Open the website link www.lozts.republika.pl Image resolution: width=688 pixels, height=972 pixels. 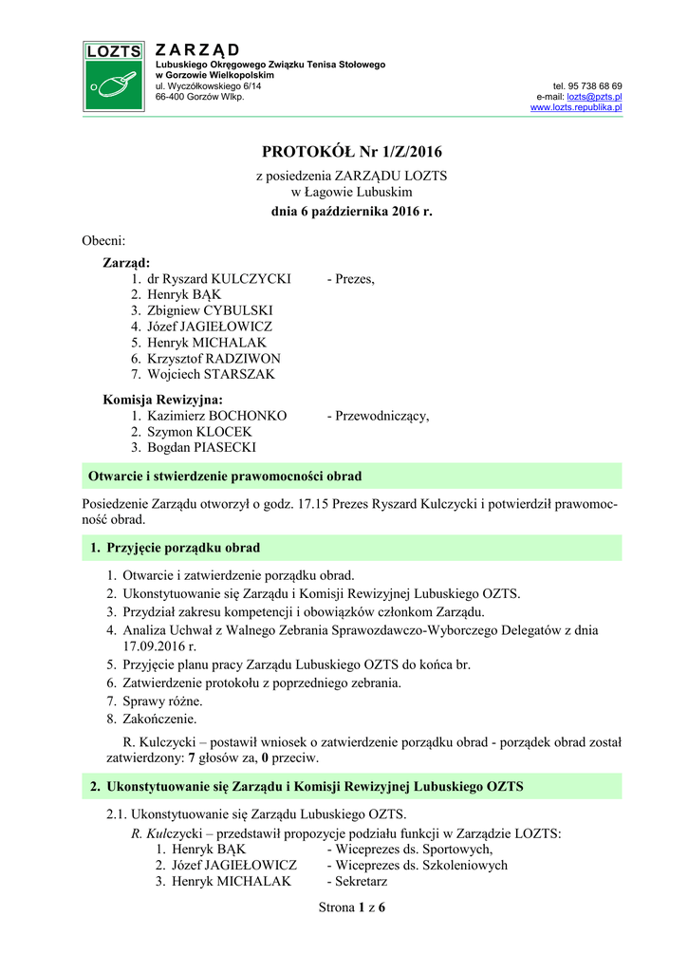(576, 108)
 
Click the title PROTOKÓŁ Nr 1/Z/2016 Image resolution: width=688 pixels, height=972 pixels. (352, 151)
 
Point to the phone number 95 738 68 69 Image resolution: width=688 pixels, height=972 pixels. (596, 85)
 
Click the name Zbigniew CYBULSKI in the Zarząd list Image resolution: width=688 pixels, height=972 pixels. (210, 310)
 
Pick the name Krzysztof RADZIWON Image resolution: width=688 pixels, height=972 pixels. (214, 359)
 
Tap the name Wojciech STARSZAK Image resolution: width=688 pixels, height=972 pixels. (211, 375)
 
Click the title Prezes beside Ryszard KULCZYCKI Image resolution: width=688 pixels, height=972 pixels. (354, 278)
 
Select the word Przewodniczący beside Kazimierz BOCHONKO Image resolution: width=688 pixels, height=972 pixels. (381, 416)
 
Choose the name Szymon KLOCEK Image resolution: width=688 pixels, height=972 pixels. (199, 432)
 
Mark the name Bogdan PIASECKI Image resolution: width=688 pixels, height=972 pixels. (201, 448)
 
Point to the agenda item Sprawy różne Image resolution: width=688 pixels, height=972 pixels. (161, 701)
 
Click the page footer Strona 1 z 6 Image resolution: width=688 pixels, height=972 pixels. (351, 907)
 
